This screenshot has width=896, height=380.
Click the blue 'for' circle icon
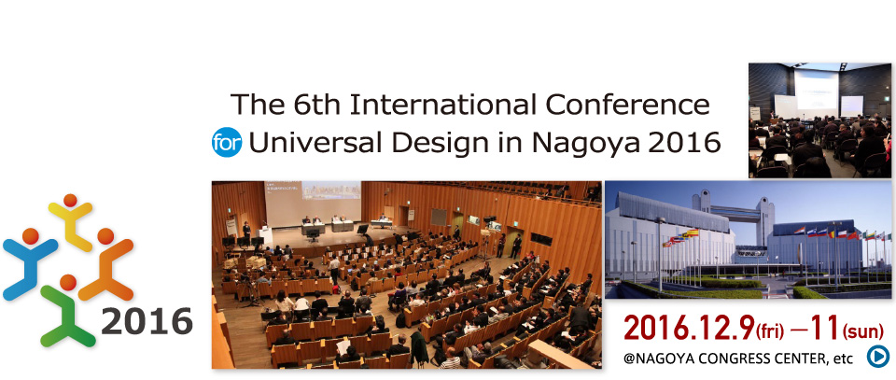[x=226, y=145]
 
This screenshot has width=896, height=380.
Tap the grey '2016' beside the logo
[x=147, y=322]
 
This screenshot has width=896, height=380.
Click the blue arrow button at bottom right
[x=877, y=356]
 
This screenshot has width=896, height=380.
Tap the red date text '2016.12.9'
[x=676, y=328]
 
